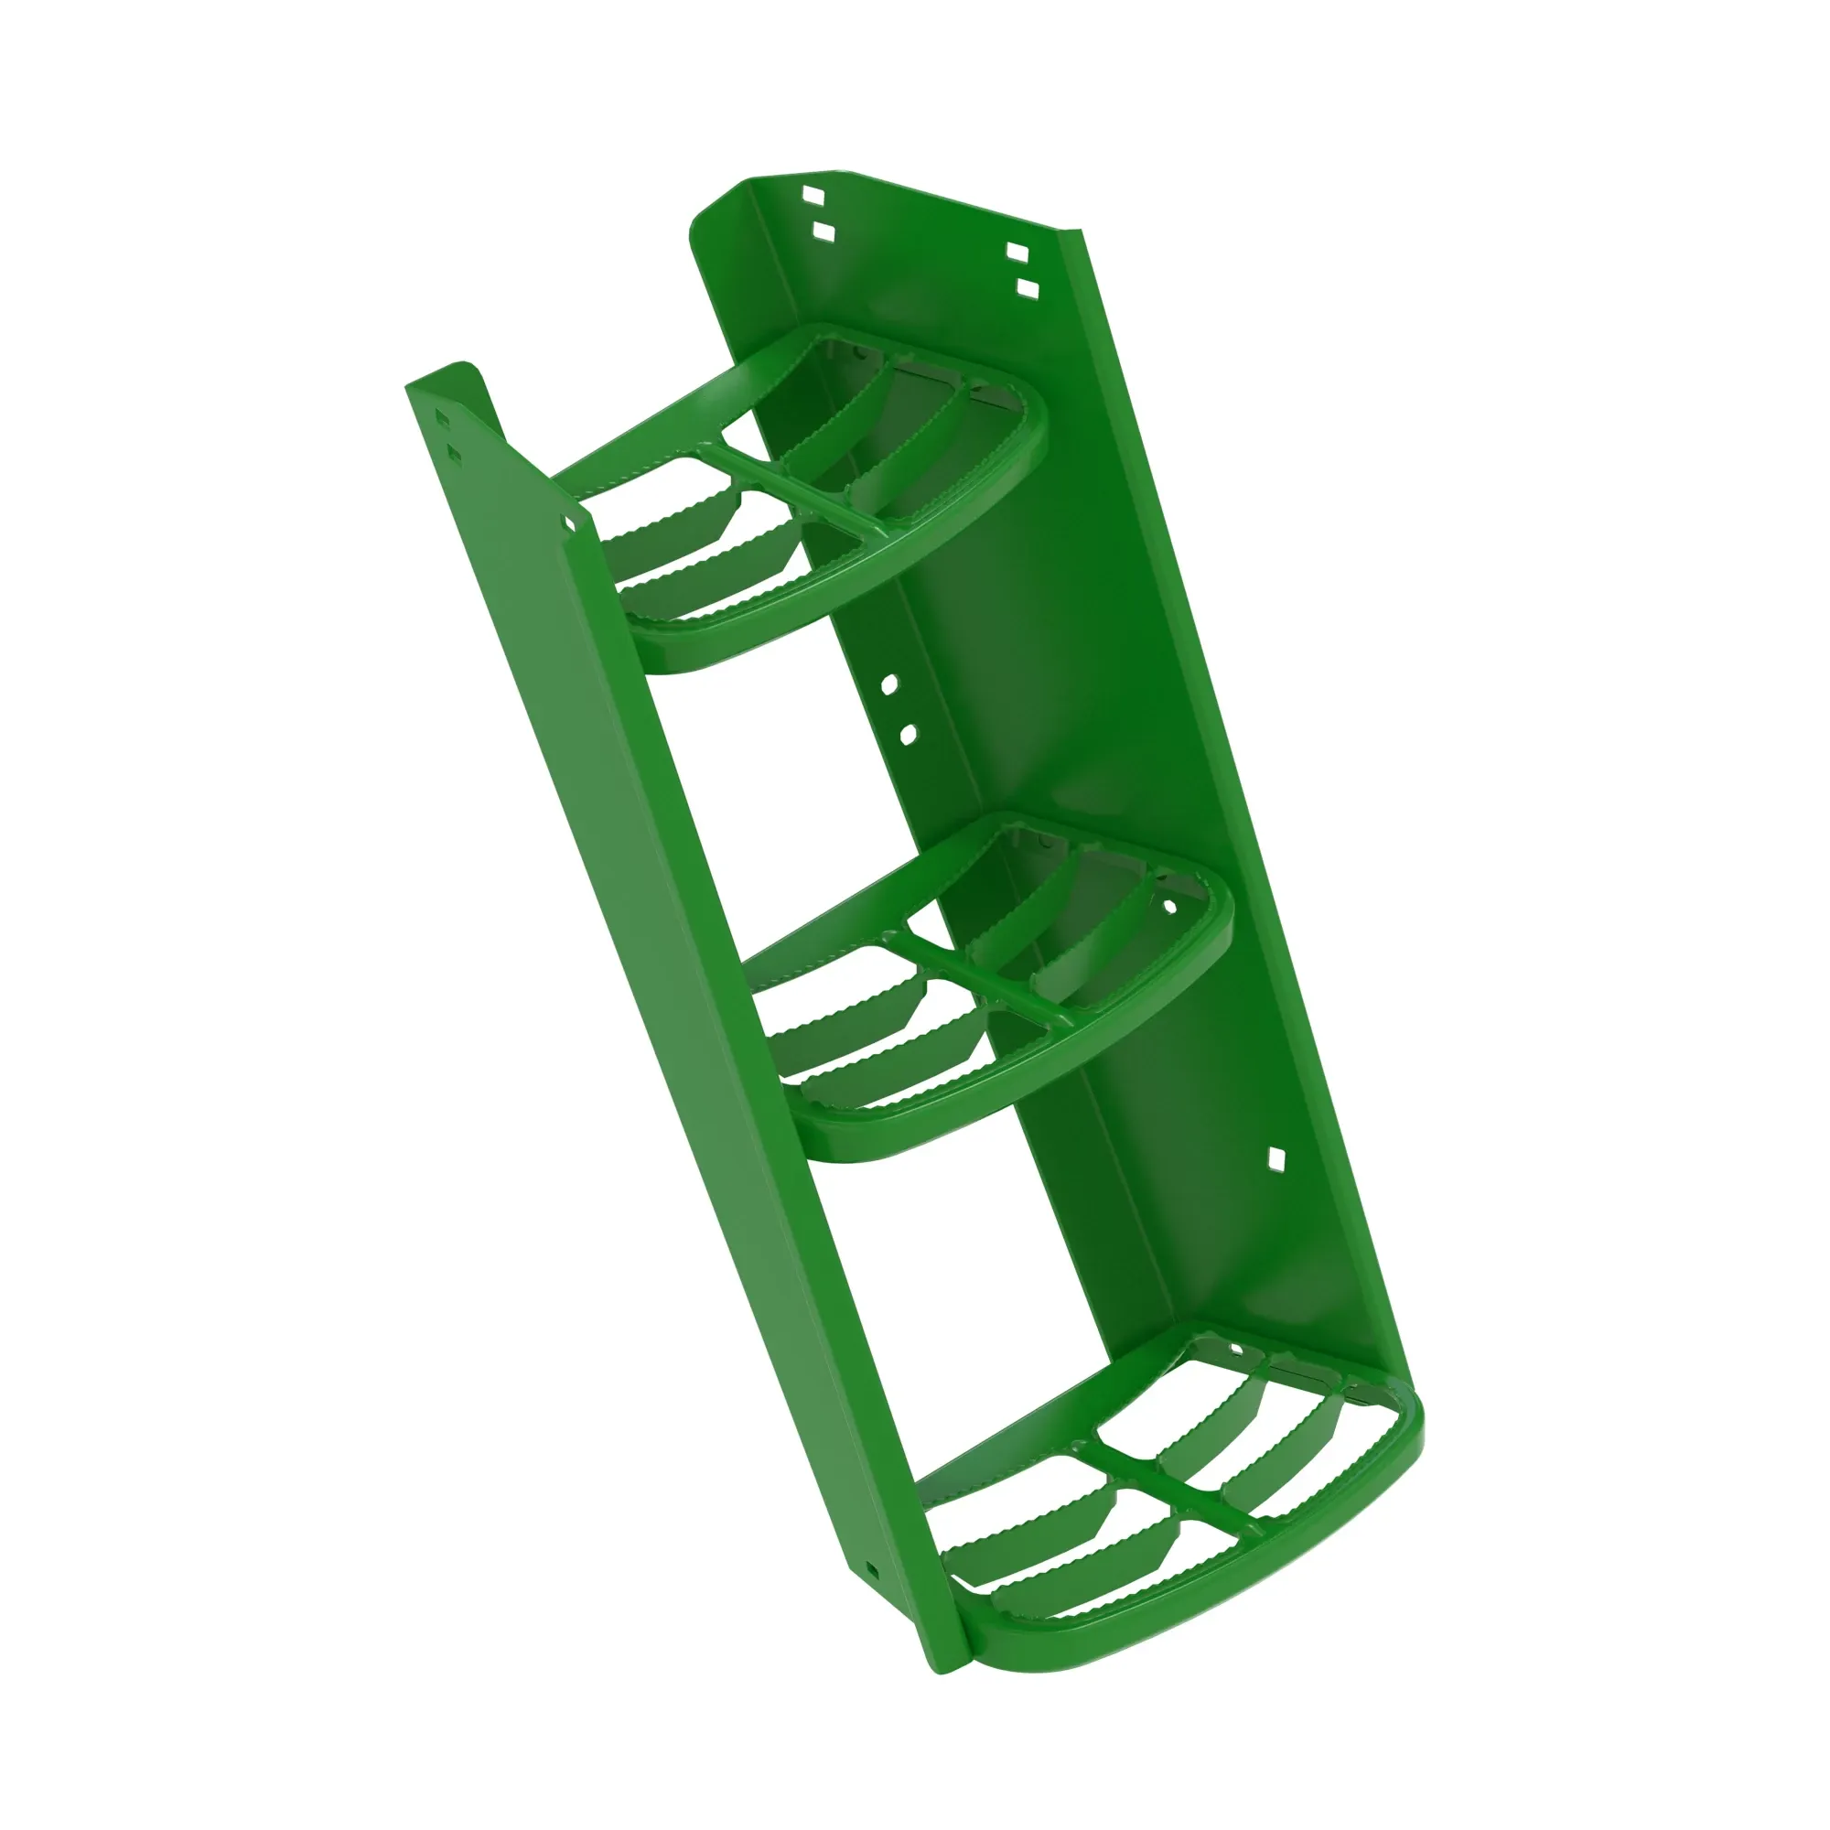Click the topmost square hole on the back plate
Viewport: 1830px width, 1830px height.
pos(813,196)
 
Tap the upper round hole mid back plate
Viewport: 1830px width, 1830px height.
pos(888,684)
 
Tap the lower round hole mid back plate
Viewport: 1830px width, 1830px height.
pos(907,733)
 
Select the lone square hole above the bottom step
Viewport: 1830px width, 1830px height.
pos(1276,1157)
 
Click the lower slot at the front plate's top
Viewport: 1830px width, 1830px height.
pos(454,456)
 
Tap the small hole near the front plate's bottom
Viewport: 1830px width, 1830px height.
pos(871,1569)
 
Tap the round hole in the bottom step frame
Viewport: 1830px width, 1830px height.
pos(1235,1348)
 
